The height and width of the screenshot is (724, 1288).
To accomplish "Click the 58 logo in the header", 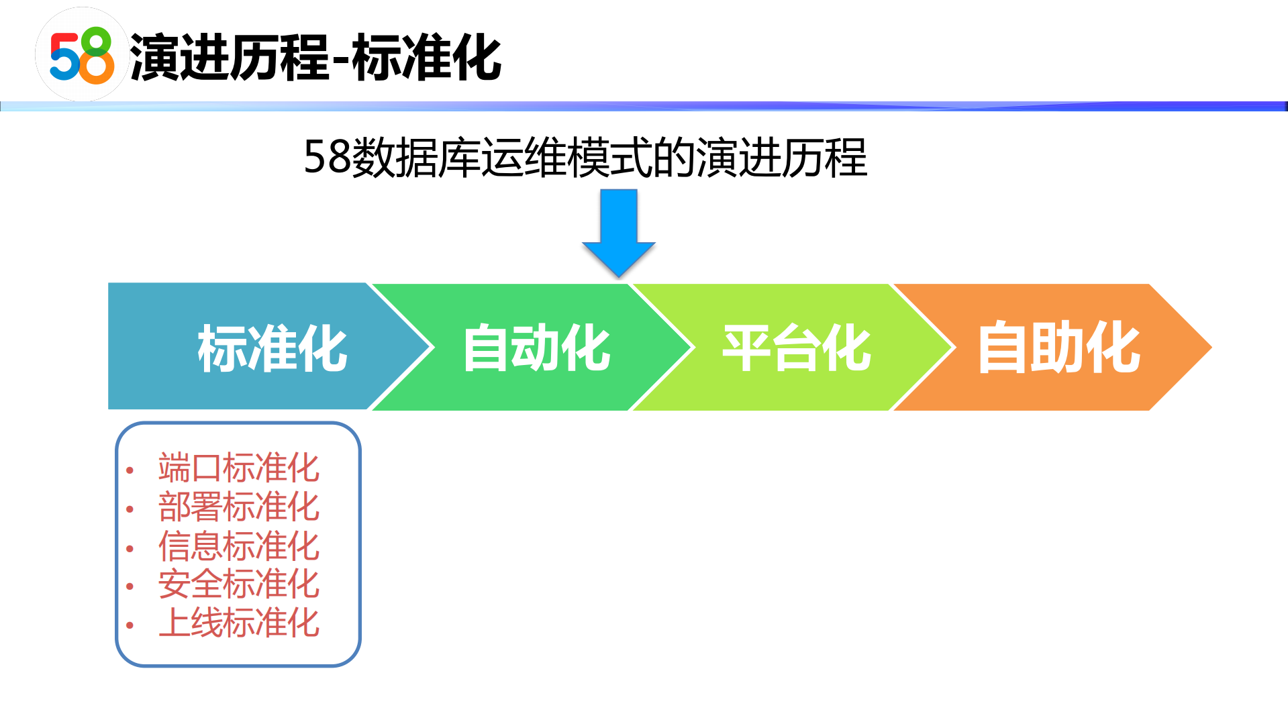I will pyautogui.click(x=82, y=55).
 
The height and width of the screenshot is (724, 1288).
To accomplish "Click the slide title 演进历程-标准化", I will pyautogui.click(x=315, y=58).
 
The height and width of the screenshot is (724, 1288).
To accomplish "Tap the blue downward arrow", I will pyautogui.click(x=618, y=232).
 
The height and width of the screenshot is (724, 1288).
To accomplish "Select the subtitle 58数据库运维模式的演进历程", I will pyautogui.click(x=585, y=158).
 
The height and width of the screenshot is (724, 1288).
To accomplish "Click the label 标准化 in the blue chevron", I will pyautogui.click(x=272, y=348).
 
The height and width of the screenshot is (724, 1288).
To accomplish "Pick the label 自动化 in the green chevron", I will pyautogui.click(x=536, y=348).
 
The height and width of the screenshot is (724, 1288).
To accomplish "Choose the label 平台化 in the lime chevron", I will pyautogui.click(x=797, y=348).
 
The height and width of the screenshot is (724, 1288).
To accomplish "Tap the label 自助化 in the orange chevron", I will pyautogui.click(x=1058, y=348).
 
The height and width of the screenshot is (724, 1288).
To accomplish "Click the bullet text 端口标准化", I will pyautogui.click(x=238, y=468).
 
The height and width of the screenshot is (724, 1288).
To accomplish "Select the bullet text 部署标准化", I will pyautogui.click(x=238, y=507).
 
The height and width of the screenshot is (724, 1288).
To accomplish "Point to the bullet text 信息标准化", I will pyautogui.click(x=238, y=546).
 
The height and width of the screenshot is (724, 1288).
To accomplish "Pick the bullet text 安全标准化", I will pyautogui.click(x=238, y=584).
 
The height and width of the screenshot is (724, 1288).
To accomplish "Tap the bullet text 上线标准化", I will pyautogui.click(x=238, y=623).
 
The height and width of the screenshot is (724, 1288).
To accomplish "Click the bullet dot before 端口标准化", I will pyautogui.click(x=130, y=470).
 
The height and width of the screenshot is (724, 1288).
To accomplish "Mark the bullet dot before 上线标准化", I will pyautogui.click(x=130, y=625).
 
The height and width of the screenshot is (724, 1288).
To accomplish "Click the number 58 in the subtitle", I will pyautogui.click(x=328, y=158).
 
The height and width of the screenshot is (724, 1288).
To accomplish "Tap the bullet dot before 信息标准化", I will pyautogui.click(x=130, y=548).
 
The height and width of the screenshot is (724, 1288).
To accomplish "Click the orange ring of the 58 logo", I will pyautogui.click(x=98, y=68).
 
